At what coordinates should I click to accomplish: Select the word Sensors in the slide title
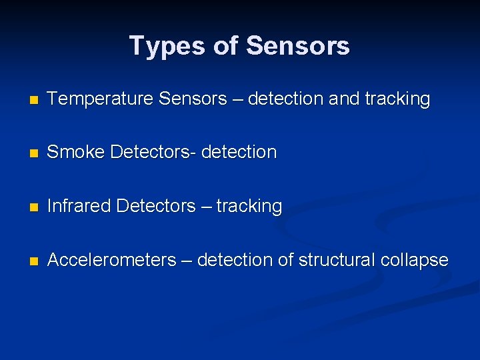[297, 46]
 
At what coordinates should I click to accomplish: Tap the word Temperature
[100, 99]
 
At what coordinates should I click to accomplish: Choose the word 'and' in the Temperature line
[343, 99]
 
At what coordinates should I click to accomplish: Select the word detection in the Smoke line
[238, 153]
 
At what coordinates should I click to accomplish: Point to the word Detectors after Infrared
[155, 206]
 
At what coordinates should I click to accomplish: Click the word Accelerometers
[111, 260]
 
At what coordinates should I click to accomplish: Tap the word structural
[336, 260]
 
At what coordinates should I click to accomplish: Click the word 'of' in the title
[226, 46]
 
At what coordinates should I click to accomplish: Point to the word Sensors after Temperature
[193, 99]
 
